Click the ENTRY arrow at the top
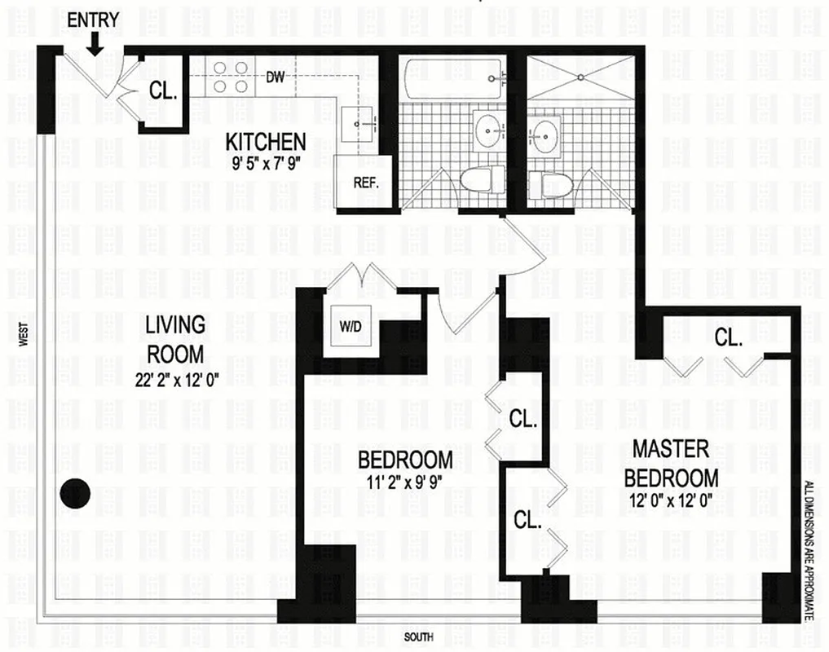95,43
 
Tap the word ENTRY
93,20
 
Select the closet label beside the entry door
164,91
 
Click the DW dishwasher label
275,78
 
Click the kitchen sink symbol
358,121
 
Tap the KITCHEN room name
266,141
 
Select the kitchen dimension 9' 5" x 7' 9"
266,161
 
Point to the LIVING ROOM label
174,339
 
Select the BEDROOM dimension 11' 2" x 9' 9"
405,481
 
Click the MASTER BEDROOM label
675,462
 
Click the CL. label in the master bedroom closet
728,337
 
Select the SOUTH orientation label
418,637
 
